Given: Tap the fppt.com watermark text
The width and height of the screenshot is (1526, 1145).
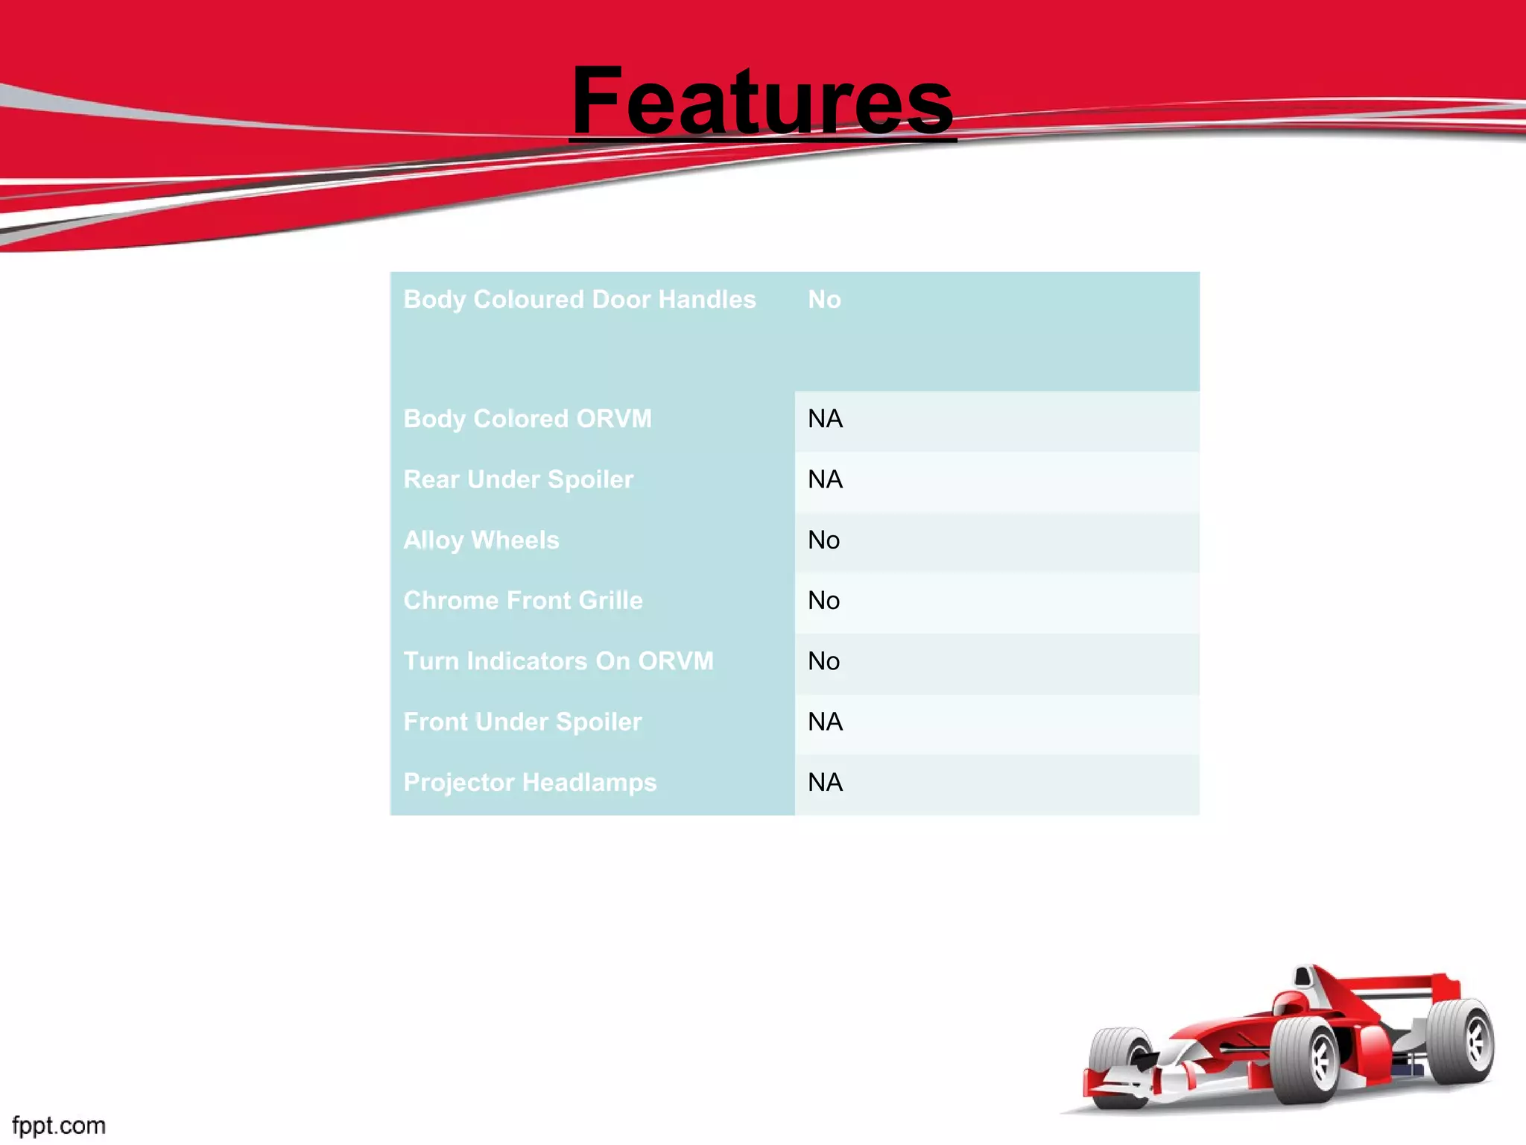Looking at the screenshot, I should [x=59, y=1125].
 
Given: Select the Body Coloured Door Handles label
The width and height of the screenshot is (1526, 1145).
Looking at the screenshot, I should [x=579, y=300].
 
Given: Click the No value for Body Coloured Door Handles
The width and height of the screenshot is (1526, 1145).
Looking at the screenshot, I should [x=824, y=300].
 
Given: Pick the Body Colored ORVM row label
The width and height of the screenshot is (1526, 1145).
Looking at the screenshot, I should [x=527, y=419].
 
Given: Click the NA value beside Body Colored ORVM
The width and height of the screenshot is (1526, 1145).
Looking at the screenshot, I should [x=825, y=419].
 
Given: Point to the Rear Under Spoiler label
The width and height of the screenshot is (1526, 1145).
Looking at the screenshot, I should [x=518, y=479].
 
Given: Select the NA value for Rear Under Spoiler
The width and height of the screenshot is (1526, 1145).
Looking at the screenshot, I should [x=825, y=479].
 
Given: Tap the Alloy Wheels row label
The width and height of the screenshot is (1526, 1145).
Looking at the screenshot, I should [x=481, y=540].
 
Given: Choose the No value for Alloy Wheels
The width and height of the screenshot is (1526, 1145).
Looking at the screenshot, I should [x=823, y=540].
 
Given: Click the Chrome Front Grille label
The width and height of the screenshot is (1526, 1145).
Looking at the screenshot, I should [x=522, y=600].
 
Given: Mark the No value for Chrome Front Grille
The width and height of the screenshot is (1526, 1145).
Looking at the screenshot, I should [x=823, y=600].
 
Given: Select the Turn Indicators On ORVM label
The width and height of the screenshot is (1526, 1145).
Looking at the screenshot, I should [x=558, y=661].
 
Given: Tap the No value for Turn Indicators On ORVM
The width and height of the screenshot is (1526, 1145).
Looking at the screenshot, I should [x=823, y=661].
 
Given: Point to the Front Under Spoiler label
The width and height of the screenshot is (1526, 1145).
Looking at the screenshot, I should [x=522, y=722].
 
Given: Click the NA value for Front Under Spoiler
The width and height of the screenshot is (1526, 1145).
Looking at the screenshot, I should [x=825, y=722].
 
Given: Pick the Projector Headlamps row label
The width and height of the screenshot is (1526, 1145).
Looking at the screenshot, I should [x=530, y=782].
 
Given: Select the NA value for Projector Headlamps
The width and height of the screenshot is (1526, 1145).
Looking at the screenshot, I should [x=825, y=782].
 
